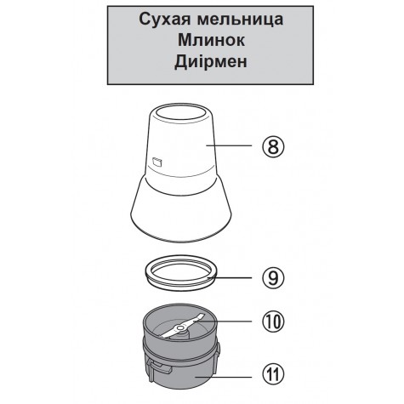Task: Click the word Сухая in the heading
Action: [x=165, y=20]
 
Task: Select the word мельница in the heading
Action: [x=240, y=20]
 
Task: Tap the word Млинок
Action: [x=211, y=40]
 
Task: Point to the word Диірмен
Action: [x=211, y=61]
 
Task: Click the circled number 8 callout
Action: [x=273, y=147]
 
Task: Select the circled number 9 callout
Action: [x=273, y=278]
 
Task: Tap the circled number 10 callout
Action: [x=273, y=321]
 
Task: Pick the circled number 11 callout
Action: [x=273, y=374]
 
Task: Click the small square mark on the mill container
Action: [x=156, y=162]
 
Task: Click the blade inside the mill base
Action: [x=181, y=325]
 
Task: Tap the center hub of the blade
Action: [x=180, y=328]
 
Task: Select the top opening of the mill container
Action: [x=181, y=111]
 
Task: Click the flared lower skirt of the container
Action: [x=181, y=213]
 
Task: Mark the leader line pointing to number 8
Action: [x=229, y=145]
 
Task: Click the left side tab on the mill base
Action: [x=159, y=367]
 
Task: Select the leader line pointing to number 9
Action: [x=230, y=278]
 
